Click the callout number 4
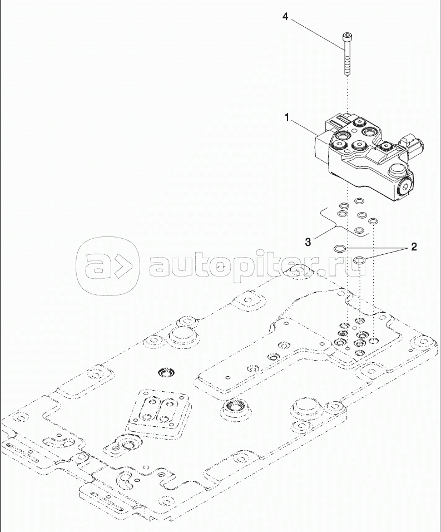pos(285,17)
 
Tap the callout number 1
pos(287,117)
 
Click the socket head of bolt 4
pos(347,37)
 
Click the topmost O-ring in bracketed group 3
pos(360,201)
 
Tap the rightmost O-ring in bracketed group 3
pos(374,221)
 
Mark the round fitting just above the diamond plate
pos(165,371)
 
